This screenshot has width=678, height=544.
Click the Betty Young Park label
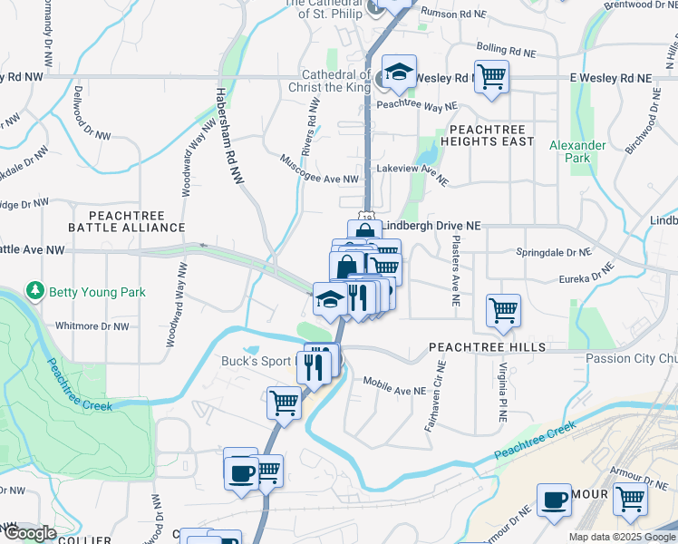click(97, 292)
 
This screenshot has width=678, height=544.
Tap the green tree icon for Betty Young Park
click(35, 291)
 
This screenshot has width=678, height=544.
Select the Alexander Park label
click(577, 151)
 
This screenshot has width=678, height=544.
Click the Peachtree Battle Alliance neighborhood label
click(126, 220)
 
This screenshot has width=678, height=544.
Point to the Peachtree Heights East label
click(487, 136)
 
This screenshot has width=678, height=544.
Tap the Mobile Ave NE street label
click(393, 386)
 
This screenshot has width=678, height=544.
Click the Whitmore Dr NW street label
click(92, 325)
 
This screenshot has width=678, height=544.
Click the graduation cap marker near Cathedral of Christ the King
click(398, 73)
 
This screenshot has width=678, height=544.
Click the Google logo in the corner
click(30, 534)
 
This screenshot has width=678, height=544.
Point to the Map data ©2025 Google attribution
click(622, 537)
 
